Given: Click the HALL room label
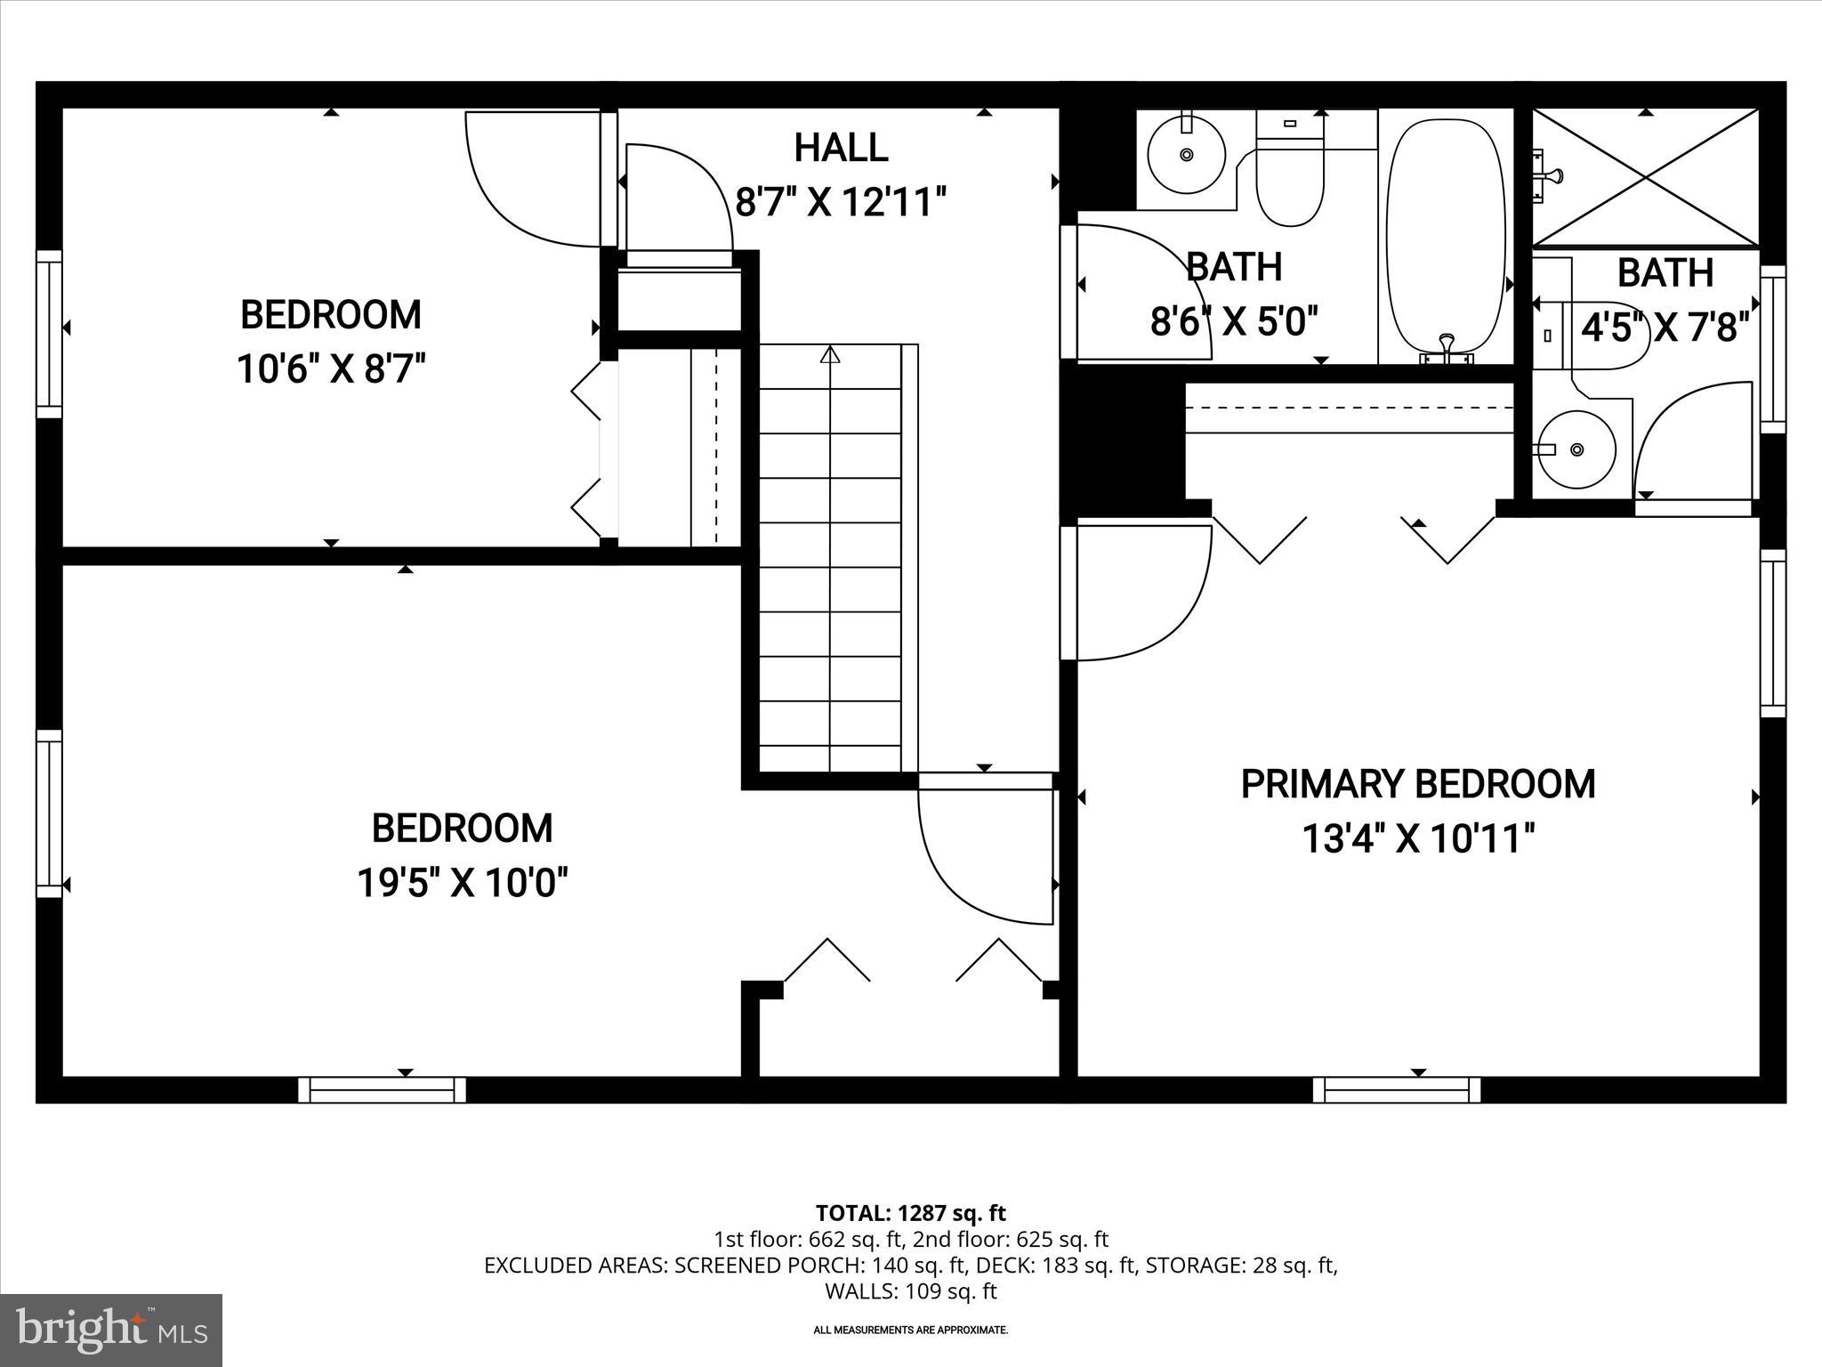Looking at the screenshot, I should click(841, 148).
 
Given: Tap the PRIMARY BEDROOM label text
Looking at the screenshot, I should click(1417, 785).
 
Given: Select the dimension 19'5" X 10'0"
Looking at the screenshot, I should click(462, 883).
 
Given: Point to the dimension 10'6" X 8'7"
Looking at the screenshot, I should click(331, 368).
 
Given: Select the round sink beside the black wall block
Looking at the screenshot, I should click(1186, 155).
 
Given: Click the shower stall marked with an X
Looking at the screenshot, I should click(1646, 178).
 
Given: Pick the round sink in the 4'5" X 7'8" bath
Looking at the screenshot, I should click(1577, 449).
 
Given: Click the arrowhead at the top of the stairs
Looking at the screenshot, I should click(830, 355).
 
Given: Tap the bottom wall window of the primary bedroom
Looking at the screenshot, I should click(1397, 1089).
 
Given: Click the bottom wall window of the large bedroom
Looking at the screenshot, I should click(382, 1089).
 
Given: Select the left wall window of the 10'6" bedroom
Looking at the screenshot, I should click(49, 334).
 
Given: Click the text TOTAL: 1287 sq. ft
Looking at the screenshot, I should click(910, 1213).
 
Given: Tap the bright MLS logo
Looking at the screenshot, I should click(111, 1331).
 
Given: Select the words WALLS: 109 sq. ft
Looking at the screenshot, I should click(910, 1290).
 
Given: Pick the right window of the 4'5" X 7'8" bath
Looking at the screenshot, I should click(1773, 349).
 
